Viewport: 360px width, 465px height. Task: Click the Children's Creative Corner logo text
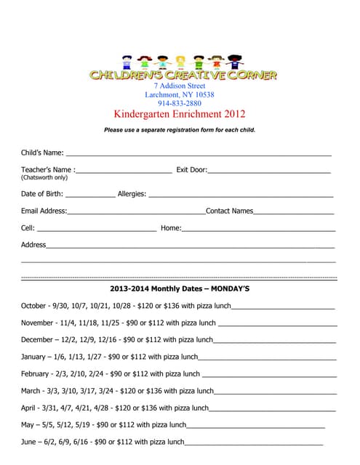pyautogui.click(x=182, y=74)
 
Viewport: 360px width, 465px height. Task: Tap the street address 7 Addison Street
pyautogui.click(x=180, y=85)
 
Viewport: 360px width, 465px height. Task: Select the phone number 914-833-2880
pyautogui.click(x=180, y=103)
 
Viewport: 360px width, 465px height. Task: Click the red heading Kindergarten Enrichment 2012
pyautogui.click(x=180, y=114)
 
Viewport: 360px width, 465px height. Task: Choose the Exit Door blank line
pyautogui.click(x=268, y=171)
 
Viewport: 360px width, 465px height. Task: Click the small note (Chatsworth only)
pyautogui.click(x=44, y=177)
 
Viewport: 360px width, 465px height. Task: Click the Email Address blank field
pyautogui.click(x=136, y=213)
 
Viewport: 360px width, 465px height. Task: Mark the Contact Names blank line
pyautogui.click(x=294, y=213)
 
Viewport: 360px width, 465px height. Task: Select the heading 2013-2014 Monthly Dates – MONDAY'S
pyautogui.click(x=180, y=288)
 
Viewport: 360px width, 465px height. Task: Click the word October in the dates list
pyautogui.click(x=33, y=306)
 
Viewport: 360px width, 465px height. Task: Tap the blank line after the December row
pyautogui.click(x=274, y=340)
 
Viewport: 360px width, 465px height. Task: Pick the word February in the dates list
pyautogui.click(x=35, y=373)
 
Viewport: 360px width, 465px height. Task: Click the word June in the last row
pyautogui.click(x=29, y=441)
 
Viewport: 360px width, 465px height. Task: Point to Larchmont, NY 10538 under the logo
pyautogui.click(x=180, y=94)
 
